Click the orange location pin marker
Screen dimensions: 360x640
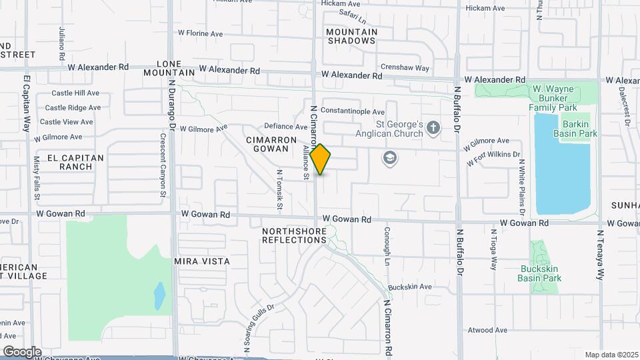click(x=321, y=159)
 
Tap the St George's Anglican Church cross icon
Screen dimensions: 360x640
click(x=433, y=127)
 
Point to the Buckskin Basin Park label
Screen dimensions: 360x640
click(x=541, y=273)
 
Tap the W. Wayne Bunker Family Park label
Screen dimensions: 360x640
click(x=555, y=97)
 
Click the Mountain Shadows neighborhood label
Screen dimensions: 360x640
click(x=351, y=36)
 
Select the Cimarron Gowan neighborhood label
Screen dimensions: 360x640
click(x=270, y=144)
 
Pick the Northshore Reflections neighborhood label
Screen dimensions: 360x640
click(x=294, y=235)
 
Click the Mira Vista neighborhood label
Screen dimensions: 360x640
click(x=201, y=261)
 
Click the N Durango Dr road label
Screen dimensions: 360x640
click(x=171, y=107)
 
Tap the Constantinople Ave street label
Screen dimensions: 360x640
click(x=353, y=111)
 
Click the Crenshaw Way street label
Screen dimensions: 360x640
click(x=405, y=67)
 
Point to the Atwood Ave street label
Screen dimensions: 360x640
click(x=487, y=330)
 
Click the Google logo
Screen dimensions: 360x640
click(x=22, y=351)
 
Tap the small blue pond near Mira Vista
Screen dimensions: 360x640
click(x=159, y=295)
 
